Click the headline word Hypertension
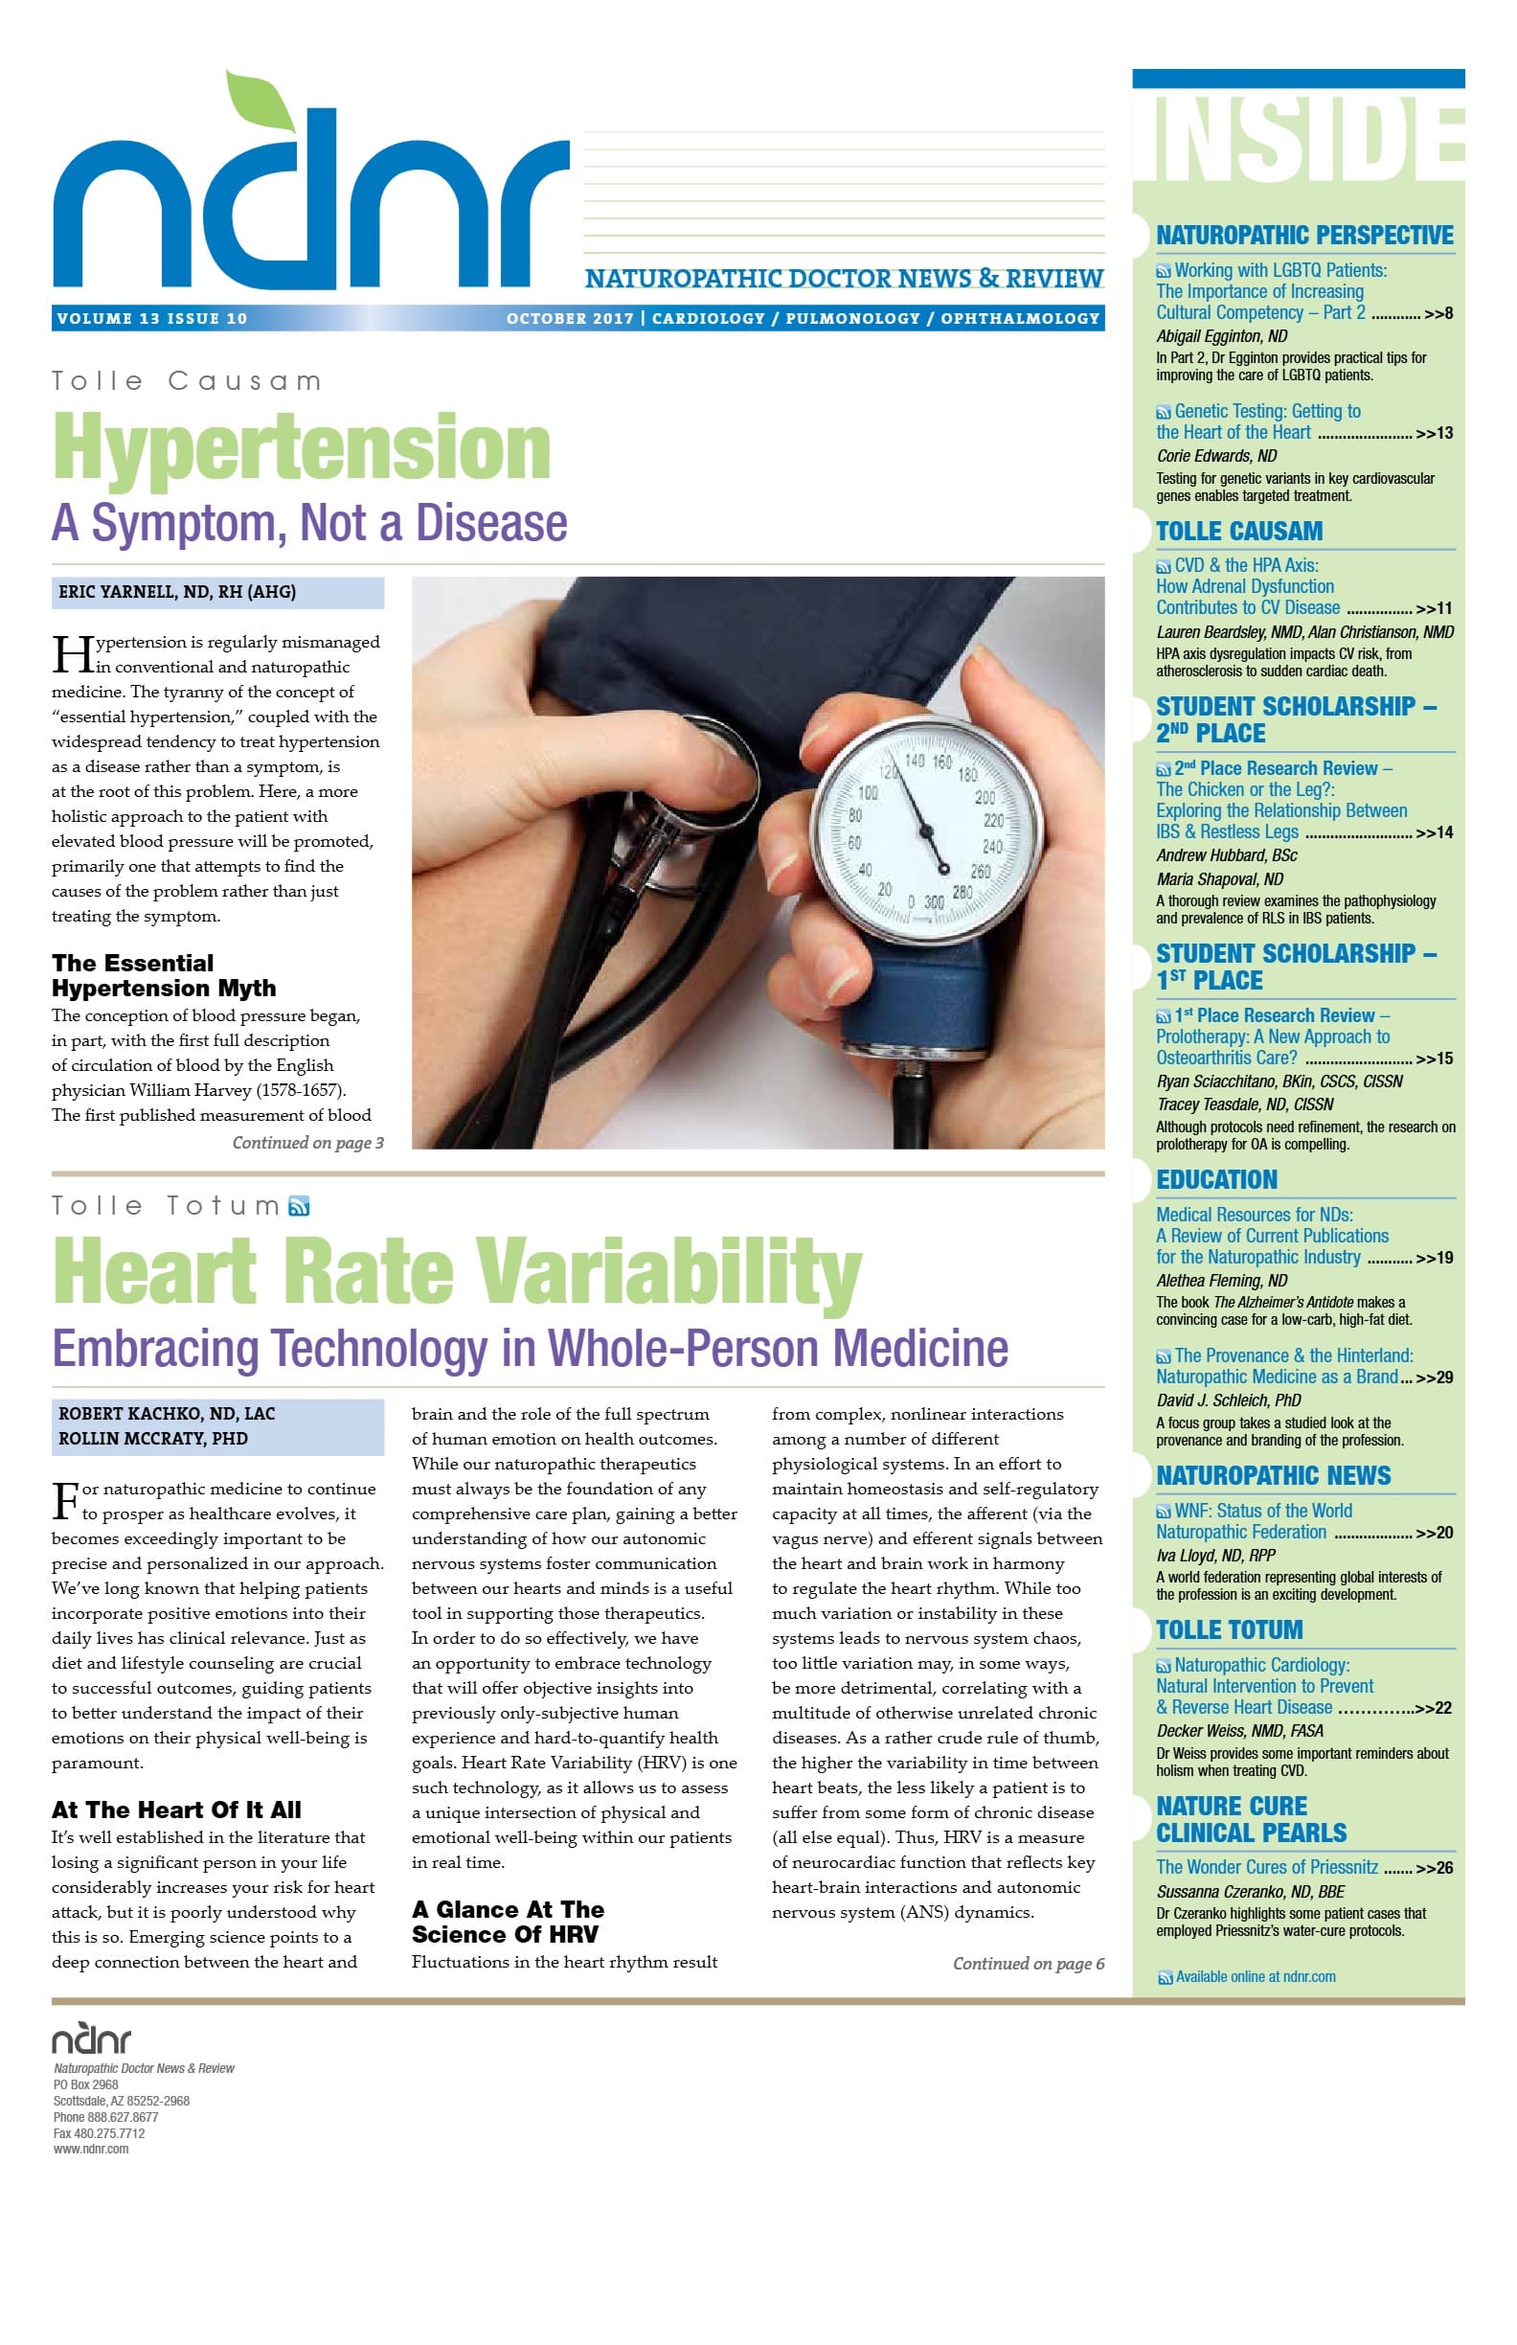(301, 448)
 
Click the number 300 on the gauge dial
(933, 901)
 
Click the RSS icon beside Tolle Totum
(299, 1206)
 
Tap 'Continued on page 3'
(307, 1143)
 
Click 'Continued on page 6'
(1028, 1964)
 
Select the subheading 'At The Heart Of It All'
(176, 1810)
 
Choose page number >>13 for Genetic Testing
(1434, 434)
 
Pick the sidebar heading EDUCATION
(1216, 1179)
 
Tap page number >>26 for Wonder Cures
(1434, 1868)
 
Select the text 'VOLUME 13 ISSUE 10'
(152, 318)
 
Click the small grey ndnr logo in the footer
(91, 2038)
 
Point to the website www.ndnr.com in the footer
(91, 2149)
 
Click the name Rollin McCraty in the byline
(152, 1439)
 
